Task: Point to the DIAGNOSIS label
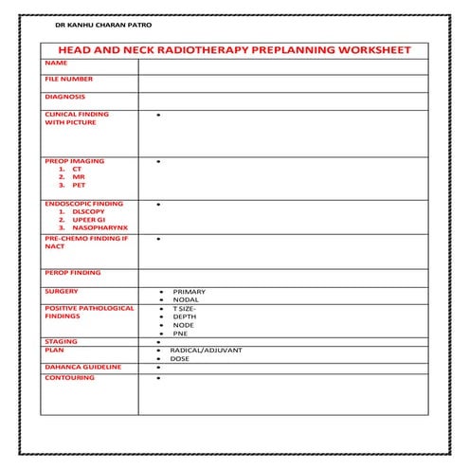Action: tap(64, 96)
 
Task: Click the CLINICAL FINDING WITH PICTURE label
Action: tap(76, 118)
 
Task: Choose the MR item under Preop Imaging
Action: tap(78, 177)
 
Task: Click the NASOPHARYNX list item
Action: tap(94, 227)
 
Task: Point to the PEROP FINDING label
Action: tap(72, 273)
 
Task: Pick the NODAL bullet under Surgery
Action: tap(186, 299)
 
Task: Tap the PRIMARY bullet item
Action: tap(189, 291)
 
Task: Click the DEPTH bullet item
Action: tap(185, 316)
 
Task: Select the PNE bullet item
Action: tap(180, 334)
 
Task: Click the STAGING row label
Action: tap(61, 341)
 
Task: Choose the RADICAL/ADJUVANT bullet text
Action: tap(206, 350)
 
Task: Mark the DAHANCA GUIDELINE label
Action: tap(82, 366)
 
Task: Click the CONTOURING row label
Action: tap(69, 378)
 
